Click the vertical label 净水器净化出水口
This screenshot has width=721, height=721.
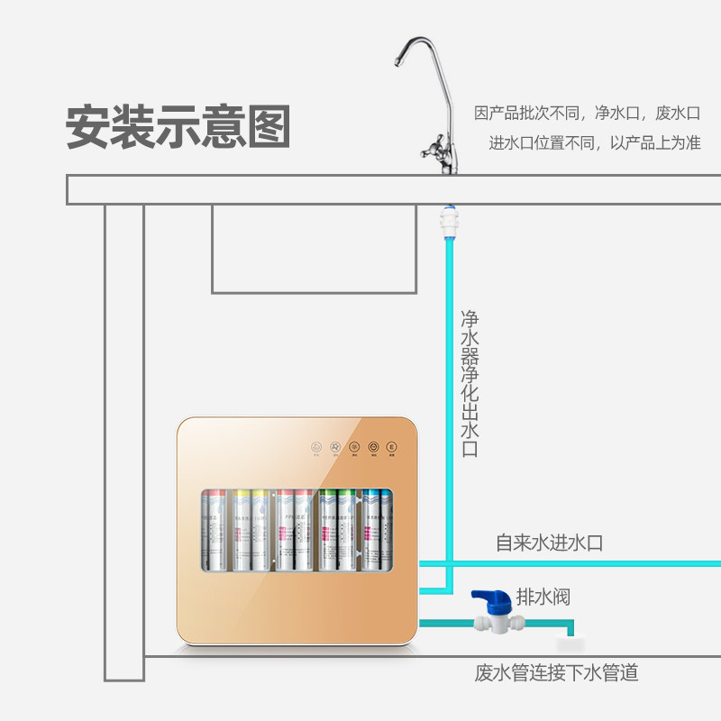(470, 384)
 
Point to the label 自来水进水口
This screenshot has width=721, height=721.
(549, 543)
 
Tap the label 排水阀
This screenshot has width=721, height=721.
(543, 597)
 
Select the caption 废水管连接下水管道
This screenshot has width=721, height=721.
(556, 673)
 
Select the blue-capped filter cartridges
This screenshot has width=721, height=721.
(375, 533)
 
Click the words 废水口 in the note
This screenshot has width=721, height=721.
(677, 114)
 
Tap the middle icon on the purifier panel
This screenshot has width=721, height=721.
(353, 446)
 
